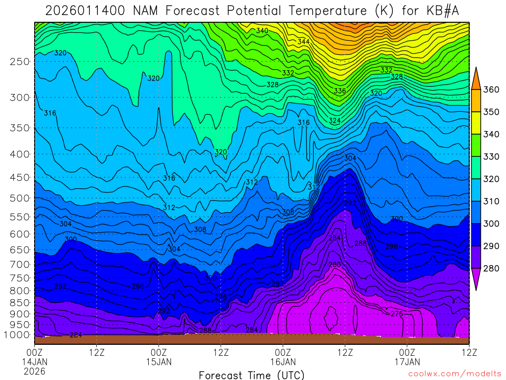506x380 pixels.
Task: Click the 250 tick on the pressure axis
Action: point(20,61)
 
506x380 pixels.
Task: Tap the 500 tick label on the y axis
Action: point(20,198)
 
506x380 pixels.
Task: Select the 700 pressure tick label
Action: point(20,264)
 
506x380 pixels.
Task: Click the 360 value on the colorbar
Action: point(492,90)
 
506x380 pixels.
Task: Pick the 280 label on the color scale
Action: point(492,269)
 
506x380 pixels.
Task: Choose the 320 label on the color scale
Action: point(492,179)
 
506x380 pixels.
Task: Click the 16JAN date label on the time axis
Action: point(283,362)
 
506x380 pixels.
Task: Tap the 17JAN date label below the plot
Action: point(407,362)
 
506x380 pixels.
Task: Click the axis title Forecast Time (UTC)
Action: point(252,375)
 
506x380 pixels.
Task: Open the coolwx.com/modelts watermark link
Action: point(455,374)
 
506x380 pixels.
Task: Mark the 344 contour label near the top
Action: point(303,42)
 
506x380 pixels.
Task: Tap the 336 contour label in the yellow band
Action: point(340,91)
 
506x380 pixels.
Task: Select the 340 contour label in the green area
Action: point(262,31)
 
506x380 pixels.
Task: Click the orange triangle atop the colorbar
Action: point(476,78)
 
